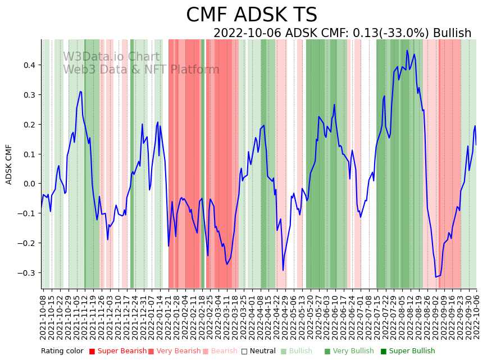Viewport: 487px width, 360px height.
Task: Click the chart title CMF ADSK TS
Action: pos(252,15)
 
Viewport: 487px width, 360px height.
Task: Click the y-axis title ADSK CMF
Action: pos(9,164)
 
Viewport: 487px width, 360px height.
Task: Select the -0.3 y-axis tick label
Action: pos(26,273)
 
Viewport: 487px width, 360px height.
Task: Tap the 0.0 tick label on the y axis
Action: pos(28,184)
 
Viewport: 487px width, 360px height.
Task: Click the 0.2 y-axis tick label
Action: pos(28,125)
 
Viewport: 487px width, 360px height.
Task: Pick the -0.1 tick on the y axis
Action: pos(26,213)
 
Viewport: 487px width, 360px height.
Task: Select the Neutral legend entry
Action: pos(259,352)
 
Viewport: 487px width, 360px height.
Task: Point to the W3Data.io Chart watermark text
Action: pos(111,57)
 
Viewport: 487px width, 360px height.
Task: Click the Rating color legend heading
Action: pos(62,352)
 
